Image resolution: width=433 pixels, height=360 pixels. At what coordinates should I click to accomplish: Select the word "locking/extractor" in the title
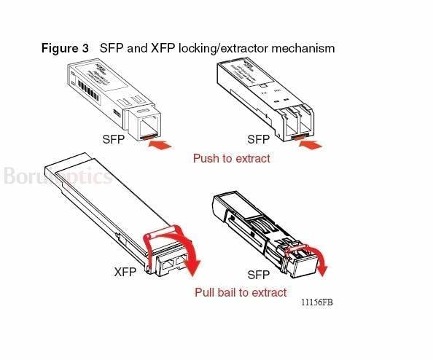click(x=229, y=48)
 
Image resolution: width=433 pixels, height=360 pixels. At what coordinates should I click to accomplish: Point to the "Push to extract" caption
click(x=231, y=158)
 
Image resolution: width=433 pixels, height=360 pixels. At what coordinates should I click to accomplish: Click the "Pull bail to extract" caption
click(x=241, y=292)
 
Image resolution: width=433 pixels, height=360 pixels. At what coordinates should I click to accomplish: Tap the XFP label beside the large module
click(x=125, y=273)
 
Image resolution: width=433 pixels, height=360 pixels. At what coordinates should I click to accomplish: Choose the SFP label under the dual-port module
click(x=258, y=139)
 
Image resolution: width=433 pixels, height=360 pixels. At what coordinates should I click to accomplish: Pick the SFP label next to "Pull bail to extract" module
click(x=258, y=275)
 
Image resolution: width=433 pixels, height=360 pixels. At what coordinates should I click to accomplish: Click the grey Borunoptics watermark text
click(x=57, y=176)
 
